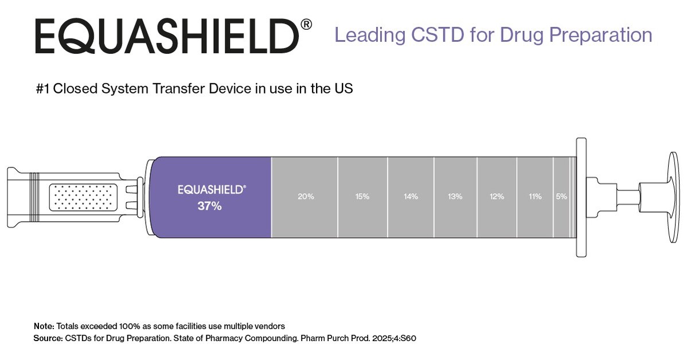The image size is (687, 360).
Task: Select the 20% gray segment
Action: [305, 197]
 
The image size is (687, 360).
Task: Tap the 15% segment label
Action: [362, 197]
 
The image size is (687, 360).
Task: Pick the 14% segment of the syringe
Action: [411, 197]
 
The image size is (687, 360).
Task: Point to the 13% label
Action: [455, 197]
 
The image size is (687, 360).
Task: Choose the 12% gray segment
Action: [497, 197]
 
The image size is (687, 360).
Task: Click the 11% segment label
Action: [534, 197]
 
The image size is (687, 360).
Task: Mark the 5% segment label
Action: [561, 197]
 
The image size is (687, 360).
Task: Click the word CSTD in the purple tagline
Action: [430, 35]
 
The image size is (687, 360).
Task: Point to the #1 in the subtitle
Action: [42, 89]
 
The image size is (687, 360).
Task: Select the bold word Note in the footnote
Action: [43, 326]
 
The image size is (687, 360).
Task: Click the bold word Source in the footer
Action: [47, 338]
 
